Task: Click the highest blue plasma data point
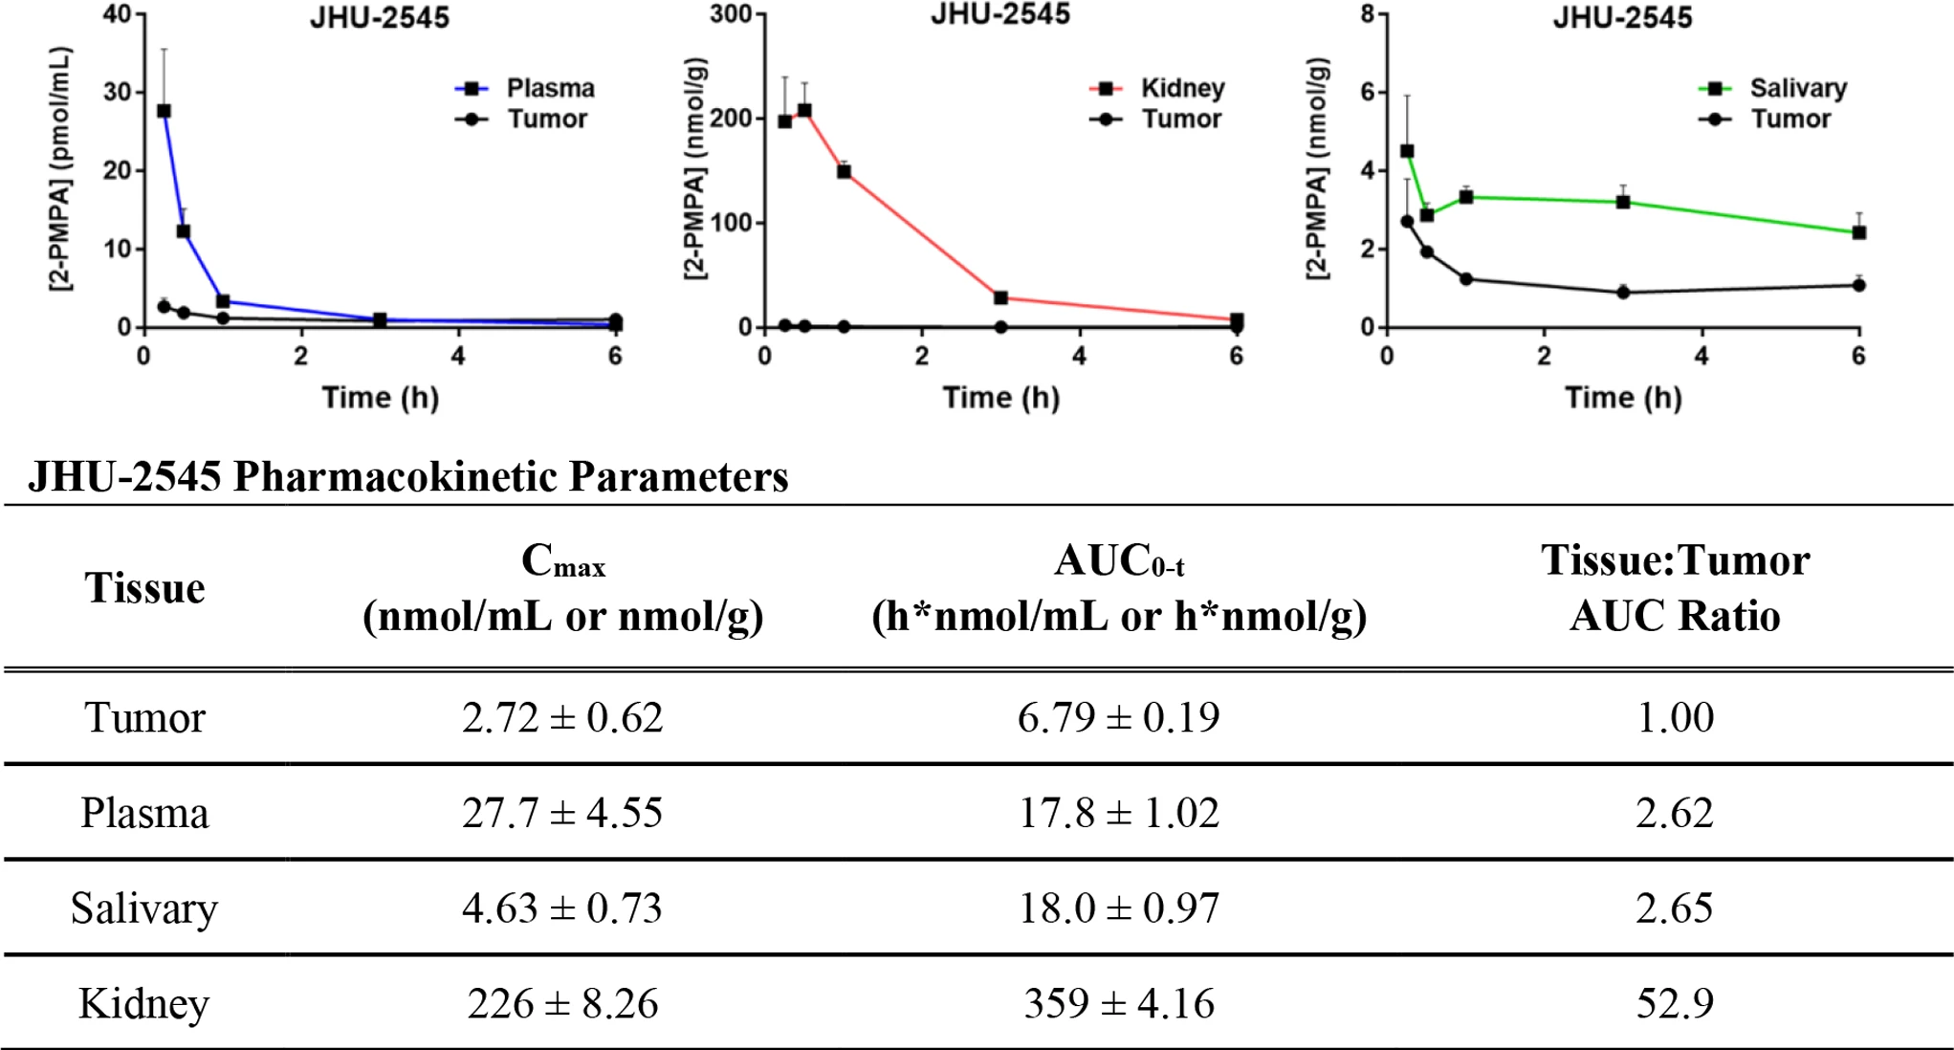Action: [164, 111]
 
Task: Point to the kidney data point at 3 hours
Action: [1000, 298]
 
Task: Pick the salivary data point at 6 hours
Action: [1858, 233]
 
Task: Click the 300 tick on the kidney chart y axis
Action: [737, 15]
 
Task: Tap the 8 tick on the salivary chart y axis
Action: [1368, 15]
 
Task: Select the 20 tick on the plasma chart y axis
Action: [117, 171]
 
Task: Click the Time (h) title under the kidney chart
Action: [1000, 398]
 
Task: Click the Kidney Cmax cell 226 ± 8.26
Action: [562, 1003]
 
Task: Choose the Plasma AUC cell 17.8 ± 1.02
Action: [1118, 813]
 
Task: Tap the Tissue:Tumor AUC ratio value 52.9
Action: [1675, 1003]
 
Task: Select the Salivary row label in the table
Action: [144, 908]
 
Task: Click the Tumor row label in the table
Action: [144, 717]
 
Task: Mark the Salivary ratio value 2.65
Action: [1675, 908]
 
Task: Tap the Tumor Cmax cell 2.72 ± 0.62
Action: [562, 717]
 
